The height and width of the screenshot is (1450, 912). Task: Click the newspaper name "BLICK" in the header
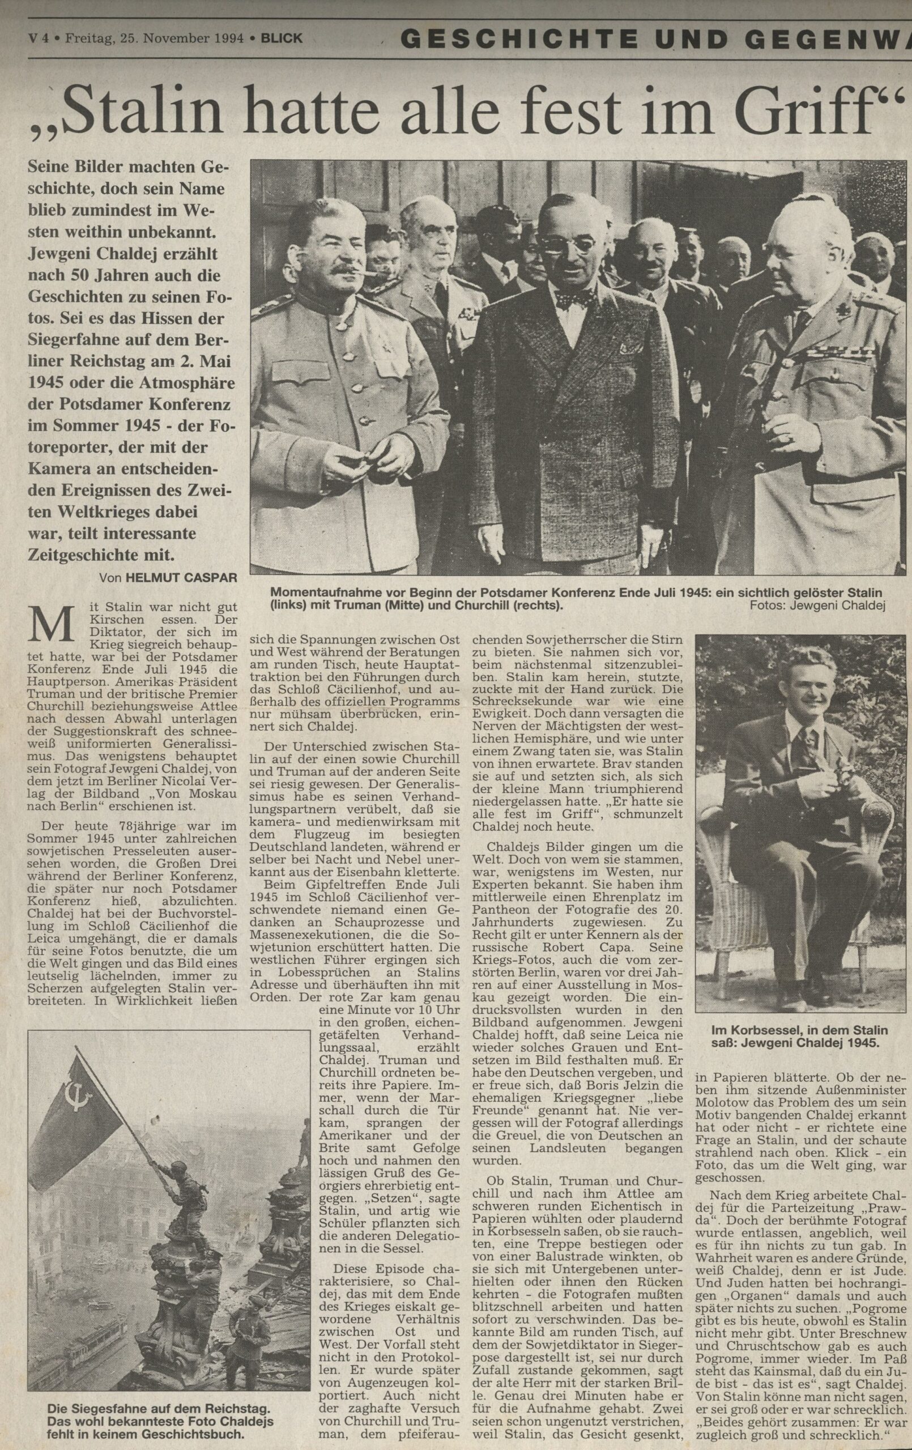282,39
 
